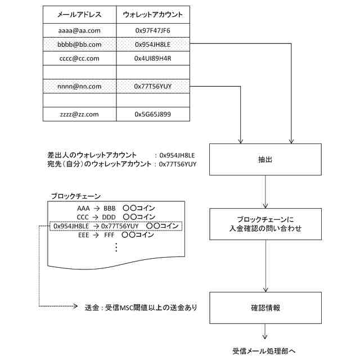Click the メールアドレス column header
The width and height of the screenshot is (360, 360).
(x=79, y=15)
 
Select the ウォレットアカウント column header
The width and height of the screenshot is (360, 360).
(x=152, y=15)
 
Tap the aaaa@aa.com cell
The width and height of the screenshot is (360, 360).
(x=79, y=30)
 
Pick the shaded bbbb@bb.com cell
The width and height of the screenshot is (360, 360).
(x=79, y=44)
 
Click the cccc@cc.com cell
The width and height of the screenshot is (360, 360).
(x=79, y=58)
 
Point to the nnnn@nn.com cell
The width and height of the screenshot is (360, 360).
(x=79, y=87)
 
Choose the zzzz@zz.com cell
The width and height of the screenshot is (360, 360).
(x=79, y=114)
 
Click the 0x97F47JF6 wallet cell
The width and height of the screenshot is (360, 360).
(x=152, y=30)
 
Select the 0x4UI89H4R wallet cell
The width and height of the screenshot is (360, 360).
(x=152, y=58)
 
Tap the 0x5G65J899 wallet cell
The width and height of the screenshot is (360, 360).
(x=152, y=114)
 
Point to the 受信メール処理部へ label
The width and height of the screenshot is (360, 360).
(x=264, y=350)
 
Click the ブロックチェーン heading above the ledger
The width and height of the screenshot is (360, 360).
(x=75, y=196)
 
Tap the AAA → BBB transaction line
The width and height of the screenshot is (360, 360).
(x=115, y=208)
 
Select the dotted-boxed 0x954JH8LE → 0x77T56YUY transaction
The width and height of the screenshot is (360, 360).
(x=115, y=226)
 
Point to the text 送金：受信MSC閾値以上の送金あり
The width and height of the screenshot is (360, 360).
(x=140, y=308)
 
